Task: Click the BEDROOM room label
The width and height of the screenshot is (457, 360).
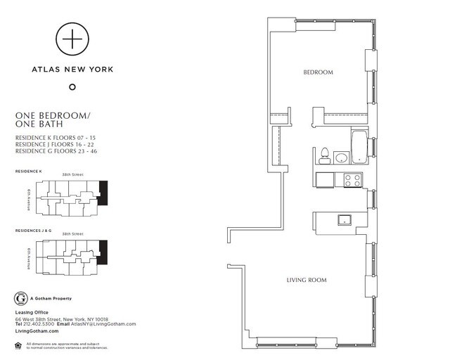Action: (x=318, y=72)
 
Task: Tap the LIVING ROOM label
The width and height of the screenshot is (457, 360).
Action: (x=306, y=280)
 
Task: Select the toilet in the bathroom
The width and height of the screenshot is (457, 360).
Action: (x=325, y=155)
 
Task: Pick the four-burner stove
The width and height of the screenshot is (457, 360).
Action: (x=352, y=179)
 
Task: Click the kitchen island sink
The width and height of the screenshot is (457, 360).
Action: (x=345, y=220)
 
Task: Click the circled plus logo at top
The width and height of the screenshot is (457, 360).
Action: (x=72, y=39)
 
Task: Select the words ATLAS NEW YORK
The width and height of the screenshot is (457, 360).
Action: (x=72, y=69)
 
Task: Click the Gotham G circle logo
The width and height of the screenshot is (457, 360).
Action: (x=20, y=298)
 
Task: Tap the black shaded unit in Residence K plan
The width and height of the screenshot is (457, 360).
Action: (x=104, y=193)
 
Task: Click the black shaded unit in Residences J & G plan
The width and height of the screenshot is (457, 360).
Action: (x=104, y=252)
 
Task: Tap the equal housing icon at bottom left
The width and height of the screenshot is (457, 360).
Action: (x=18, y=344)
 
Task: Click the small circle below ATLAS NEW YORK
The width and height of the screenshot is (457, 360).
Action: (x=72, y=87)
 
